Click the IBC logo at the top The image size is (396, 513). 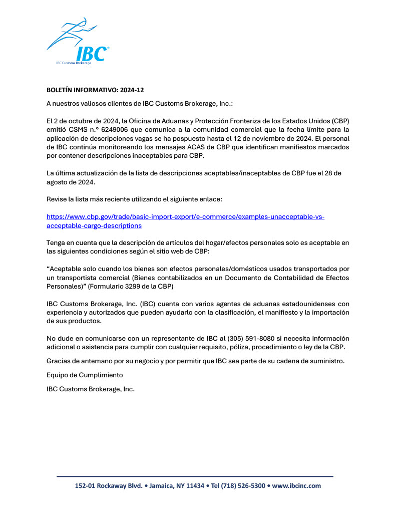(78, 43)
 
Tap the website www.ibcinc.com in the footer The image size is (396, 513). (296, 485)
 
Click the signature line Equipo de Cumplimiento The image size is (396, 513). (85, 375)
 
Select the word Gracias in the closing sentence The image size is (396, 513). (59, 361)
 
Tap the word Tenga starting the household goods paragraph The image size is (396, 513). (57, 243)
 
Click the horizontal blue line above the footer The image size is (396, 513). (195, 476)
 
